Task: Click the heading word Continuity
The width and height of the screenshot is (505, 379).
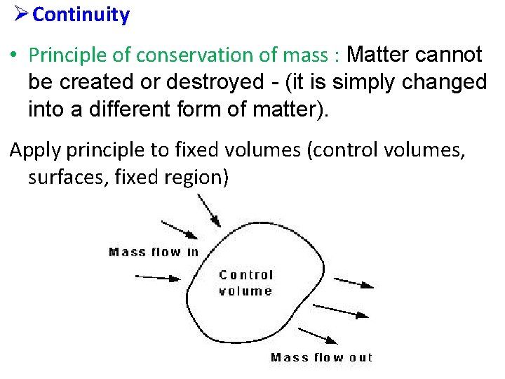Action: point(81,15)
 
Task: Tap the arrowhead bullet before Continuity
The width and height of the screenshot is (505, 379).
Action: point(19,14)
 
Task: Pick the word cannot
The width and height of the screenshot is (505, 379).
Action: point(452,55)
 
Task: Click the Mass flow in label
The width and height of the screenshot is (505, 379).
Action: point(154,252)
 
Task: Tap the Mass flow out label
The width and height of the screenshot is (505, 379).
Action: point(322,357)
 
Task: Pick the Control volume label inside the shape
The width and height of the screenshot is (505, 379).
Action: point(245,283)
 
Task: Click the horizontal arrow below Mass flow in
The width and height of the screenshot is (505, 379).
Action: point(158,277)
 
